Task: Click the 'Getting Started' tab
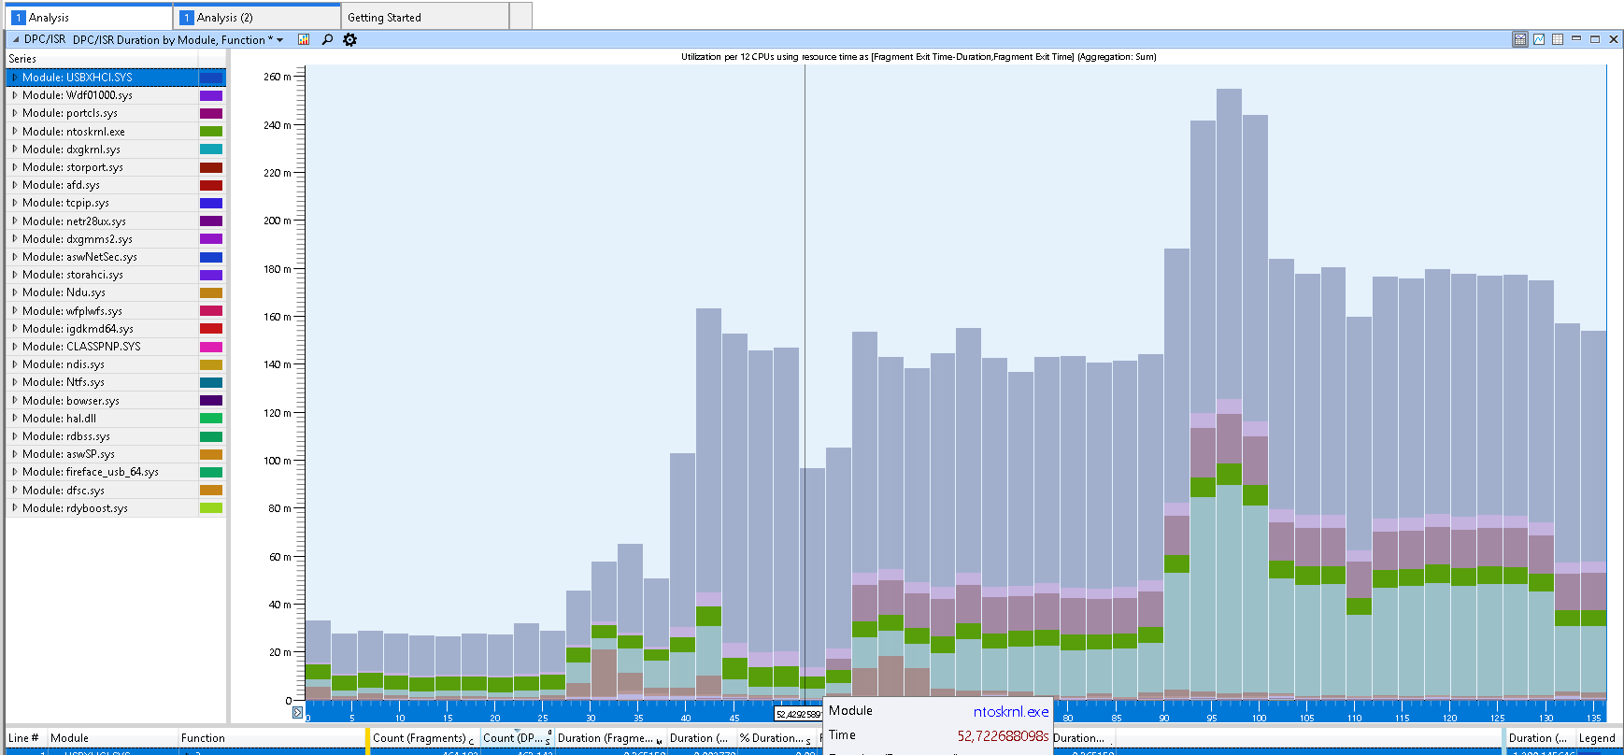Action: point(384,18)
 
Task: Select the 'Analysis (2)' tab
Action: point(224,18)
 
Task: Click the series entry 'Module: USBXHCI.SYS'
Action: point(77,78)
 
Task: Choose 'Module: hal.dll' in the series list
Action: point(59,419)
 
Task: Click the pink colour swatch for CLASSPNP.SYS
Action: point(211,347)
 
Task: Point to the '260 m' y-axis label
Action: point(277,77)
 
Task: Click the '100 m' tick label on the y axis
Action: point(277,461)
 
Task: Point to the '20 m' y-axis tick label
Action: point(279,652)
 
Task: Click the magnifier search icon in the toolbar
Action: point(327,39)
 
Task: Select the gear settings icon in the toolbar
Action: point(349,39)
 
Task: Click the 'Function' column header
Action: point(203,738)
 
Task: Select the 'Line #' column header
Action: point(23,738)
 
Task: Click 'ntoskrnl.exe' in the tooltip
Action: point(1010,712)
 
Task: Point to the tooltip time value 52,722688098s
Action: point(1002,736)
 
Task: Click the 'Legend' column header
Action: point(1596,738)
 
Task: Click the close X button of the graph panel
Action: point(1613,38)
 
